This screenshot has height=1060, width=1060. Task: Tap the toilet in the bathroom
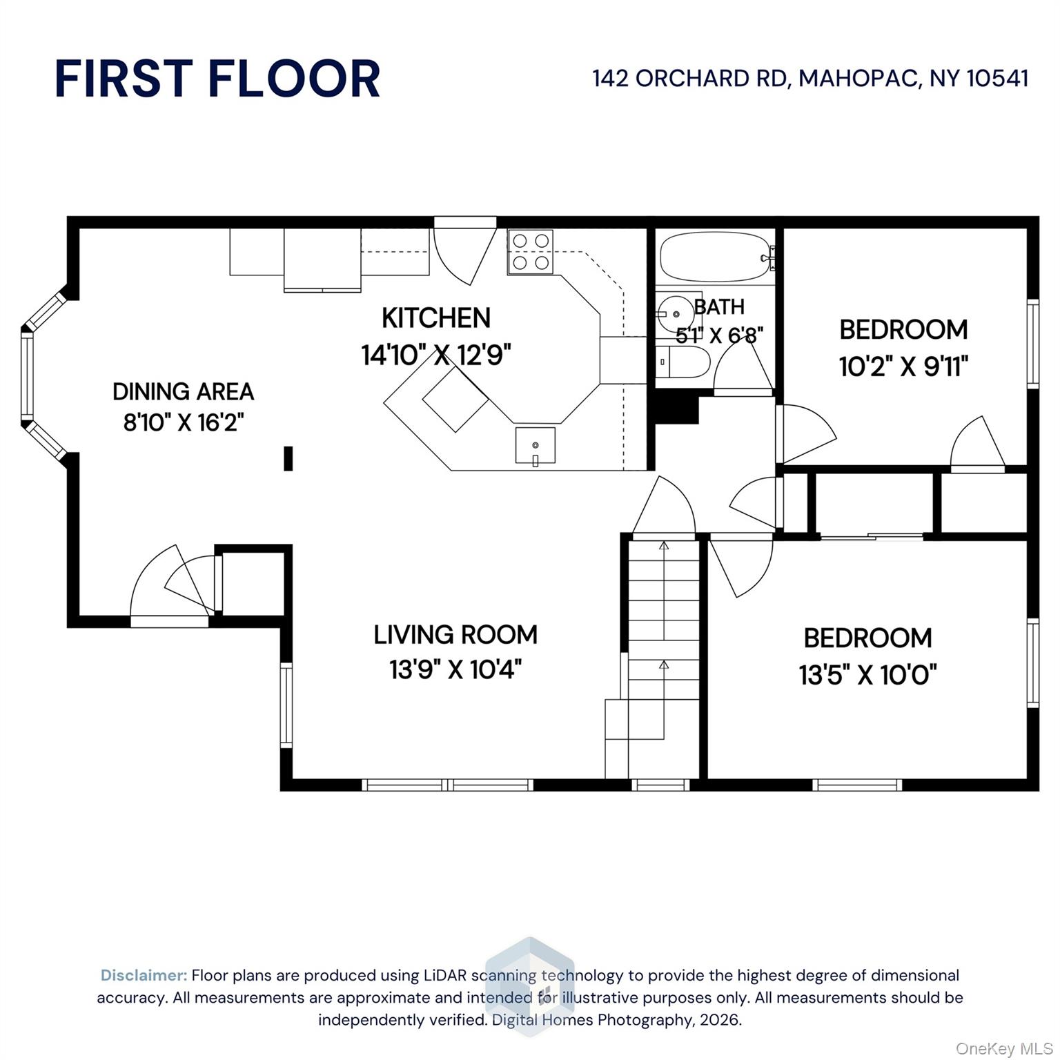click(682, 361)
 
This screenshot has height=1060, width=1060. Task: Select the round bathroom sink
click(674, 315)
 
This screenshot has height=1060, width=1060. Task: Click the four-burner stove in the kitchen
click(530, 251)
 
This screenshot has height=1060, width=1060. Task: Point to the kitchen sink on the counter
click(535, 446)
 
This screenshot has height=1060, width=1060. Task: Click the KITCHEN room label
click(436, 318)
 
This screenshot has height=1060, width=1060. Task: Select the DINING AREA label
click(184, 391)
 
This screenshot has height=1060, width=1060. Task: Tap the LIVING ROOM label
click(455, 635)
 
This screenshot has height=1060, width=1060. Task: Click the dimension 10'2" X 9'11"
click(904, 366)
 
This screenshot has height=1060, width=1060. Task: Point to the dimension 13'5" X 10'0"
click(868, 674)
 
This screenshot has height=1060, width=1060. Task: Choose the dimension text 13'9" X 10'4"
click(455, 669)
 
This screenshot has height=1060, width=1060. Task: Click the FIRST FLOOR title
click(217, 78)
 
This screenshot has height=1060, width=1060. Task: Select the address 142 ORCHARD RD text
click(689, 78)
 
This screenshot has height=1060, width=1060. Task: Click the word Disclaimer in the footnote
click(144, 975)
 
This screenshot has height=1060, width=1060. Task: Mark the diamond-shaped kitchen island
click(455, 399)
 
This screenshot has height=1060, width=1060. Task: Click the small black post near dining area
click(288, 459)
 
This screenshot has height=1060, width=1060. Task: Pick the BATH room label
click(719, 306)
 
